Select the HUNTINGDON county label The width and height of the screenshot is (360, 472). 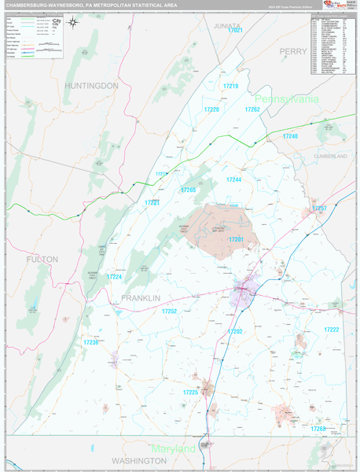[x=92, y=85]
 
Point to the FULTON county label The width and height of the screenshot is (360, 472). [x=42, y=259]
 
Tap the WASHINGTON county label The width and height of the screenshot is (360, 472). [x=139, y=459]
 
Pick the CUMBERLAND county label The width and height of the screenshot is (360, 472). [x=330, y=157]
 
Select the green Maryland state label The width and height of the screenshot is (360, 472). [x=174, y=448]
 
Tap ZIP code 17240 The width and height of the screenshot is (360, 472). [x=290, y=137]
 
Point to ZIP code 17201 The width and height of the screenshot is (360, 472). [x=237, y=239]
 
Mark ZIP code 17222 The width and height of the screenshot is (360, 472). [x=331, y=330]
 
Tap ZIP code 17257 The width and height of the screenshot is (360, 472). [x=319, y=208]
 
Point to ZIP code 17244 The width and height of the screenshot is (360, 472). [x=234, y=180]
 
